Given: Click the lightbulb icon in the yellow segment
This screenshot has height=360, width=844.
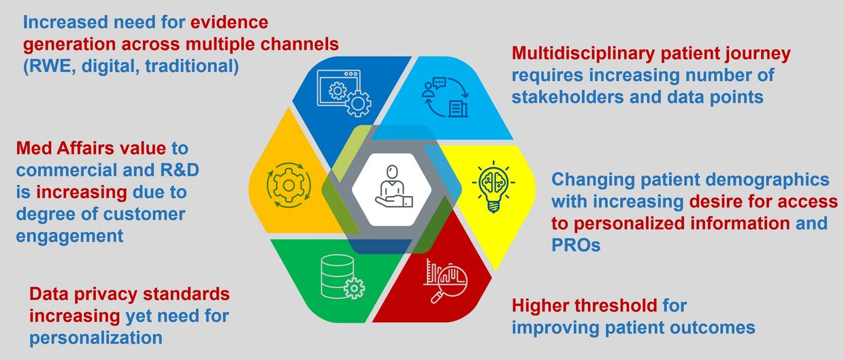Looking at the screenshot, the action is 493,186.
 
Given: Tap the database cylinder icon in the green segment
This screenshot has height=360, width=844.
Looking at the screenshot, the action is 342,277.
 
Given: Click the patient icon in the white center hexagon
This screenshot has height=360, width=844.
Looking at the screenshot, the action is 393,186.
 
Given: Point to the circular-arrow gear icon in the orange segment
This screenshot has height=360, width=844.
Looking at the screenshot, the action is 289,185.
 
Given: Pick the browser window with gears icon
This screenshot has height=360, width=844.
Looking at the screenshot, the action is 344,93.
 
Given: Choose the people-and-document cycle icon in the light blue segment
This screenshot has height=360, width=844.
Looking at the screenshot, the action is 445,97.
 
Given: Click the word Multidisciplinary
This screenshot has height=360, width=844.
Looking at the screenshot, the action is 583,54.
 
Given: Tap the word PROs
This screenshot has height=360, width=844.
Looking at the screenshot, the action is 576,245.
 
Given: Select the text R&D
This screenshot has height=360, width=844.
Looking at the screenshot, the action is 180,170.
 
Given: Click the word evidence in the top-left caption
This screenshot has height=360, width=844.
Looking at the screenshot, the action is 229,22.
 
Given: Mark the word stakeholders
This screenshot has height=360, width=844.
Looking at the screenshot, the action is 568,97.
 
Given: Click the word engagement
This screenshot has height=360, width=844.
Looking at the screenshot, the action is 69,237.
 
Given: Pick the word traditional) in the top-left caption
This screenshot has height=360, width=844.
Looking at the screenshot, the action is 192,66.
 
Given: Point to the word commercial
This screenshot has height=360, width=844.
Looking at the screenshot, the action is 66,170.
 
